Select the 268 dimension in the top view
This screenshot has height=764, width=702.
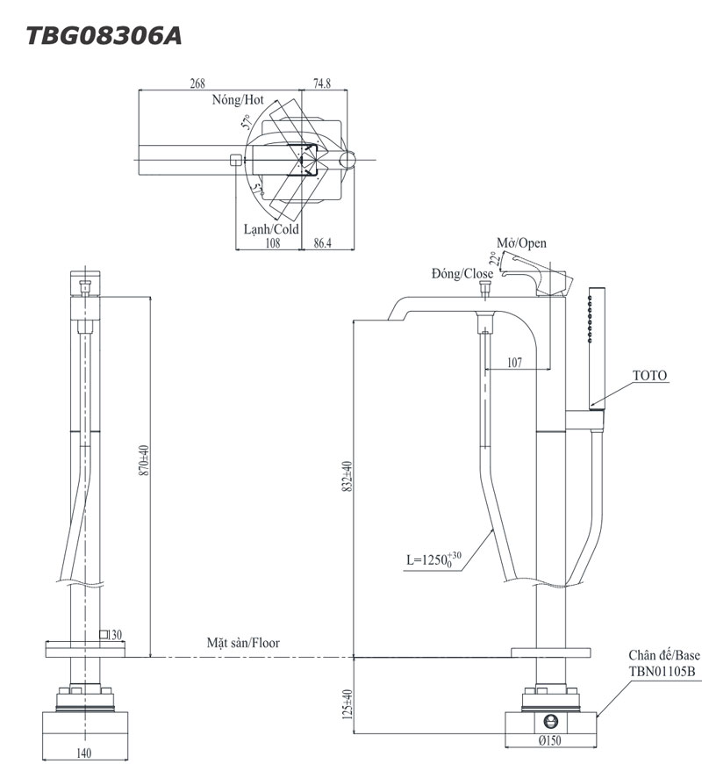pyautogui.click(x=197, y=84)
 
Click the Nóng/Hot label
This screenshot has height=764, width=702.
pyautogui.click(x=237, y=100)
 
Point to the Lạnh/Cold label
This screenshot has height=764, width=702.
pyautogui.click(x=271, y=229)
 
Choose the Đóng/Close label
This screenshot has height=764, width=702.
pyautogui.click(x=462, y=274)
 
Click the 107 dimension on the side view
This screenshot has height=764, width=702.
pyautogui.click(x=514, y=361)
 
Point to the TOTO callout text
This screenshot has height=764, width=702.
pyautogui.click(x=649, y=376)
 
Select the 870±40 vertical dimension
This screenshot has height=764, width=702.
pyautogui.click(x=144, y=460)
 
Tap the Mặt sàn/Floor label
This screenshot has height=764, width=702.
pyautogui.click(x=243, y=643)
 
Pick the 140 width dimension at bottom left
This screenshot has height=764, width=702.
pyautogui.click(x=85, y=753)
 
